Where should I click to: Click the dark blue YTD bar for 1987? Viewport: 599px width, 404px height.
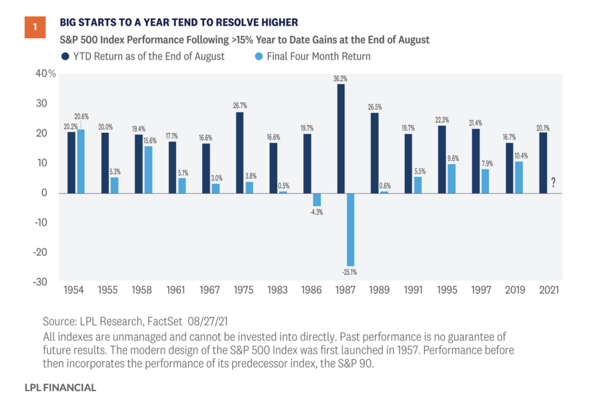(x=340, y=138)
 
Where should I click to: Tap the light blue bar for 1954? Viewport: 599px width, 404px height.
(x=80, y=161)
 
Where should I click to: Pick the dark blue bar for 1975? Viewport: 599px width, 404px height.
(x=240, y=152)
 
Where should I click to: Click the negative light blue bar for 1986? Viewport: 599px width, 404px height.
(x=316, y=200)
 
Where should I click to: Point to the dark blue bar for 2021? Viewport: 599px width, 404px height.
(x=543, y=163)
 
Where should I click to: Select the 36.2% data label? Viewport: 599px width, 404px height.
(x=341, y=78)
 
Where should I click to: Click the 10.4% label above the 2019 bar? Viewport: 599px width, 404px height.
(x=519, y=155)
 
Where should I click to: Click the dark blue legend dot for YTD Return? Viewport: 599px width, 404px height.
(x=64, y=56)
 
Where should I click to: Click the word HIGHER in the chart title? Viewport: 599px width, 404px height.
(x=277, y=23)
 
